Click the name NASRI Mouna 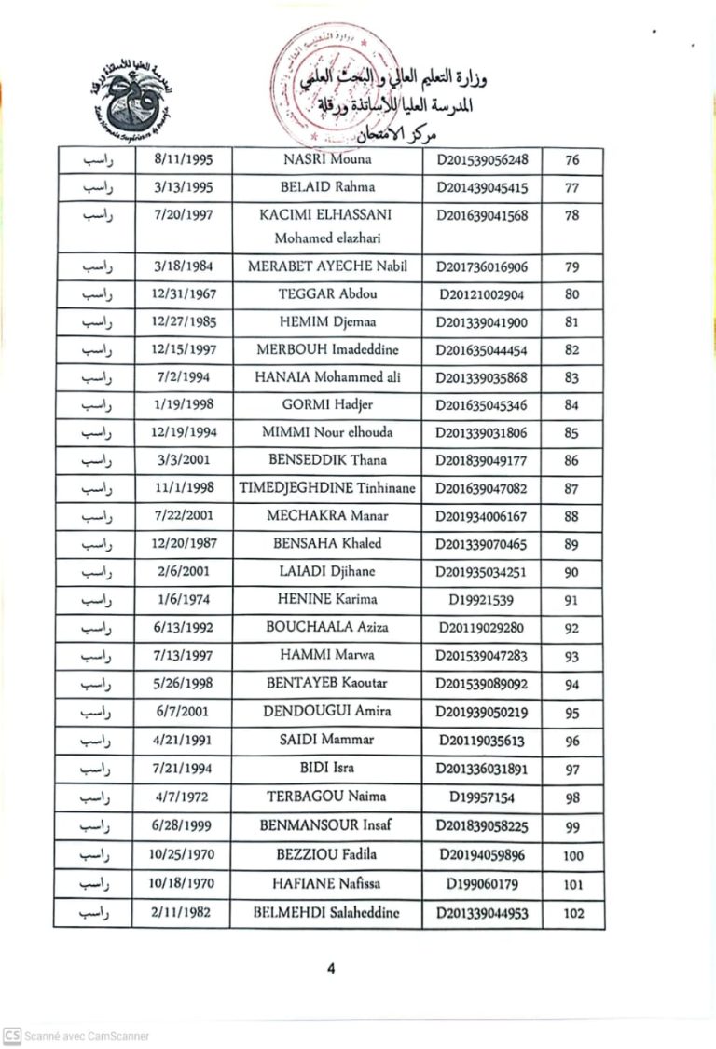326,159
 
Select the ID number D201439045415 482,188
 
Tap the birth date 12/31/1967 184,294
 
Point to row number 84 572,405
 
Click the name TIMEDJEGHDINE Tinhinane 326,488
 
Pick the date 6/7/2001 184,713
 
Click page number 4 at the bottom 331,968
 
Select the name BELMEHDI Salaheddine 326,913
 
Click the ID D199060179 482,884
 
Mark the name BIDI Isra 326,769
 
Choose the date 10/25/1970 184,856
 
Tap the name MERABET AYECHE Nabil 326,266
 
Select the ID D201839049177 482,460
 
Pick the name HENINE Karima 326,599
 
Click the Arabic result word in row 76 97,159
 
